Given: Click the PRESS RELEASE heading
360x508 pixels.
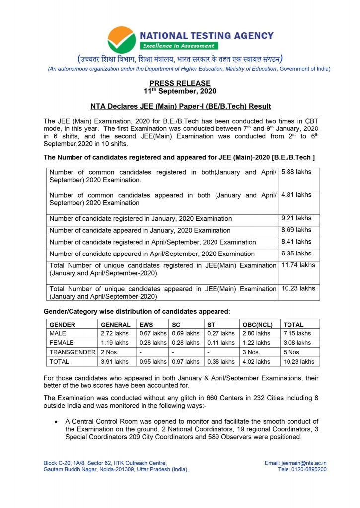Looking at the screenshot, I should [180, 83].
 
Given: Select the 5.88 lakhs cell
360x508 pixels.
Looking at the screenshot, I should [296, 172].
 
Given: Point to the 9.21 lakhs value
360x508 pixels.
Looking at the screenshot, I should [296, 218].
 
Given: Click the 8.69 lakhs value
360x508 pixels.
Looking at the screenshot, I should [296, 230].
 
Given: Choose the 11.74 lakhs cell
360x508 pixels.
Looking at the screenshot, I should [298, 265].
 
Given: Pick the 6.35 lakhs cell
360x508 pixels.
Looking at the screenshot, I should [296, 254].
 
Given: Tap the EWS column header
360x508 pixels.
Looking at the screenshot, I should [146, 324].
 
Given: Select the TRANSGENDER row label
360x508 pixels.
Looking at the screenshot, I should [72, 352].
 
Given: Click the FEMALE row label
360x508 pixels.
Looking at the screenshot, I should [62, 343].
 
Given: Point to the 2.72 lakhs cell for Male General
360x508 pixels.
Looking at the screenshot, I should [114, 333].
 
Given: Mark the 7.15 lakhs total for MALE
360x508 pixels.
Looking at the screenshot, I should [297, 333].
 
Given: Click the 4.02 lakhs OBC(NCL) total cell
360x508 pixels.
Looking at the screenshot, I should [256, 362].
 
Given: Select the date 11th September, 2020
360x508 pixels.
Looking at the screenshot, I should [180, 91].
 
